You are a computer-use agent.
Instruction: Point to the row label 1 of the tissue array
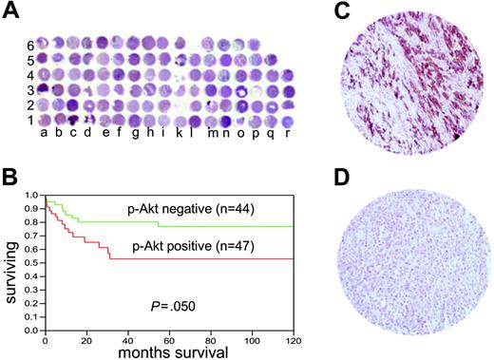[x=29, y=121]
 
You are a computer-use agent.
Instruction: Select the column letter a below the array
[x=45, y=134]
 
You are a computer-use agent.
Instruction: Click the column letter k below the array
[x=180, y=134]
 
